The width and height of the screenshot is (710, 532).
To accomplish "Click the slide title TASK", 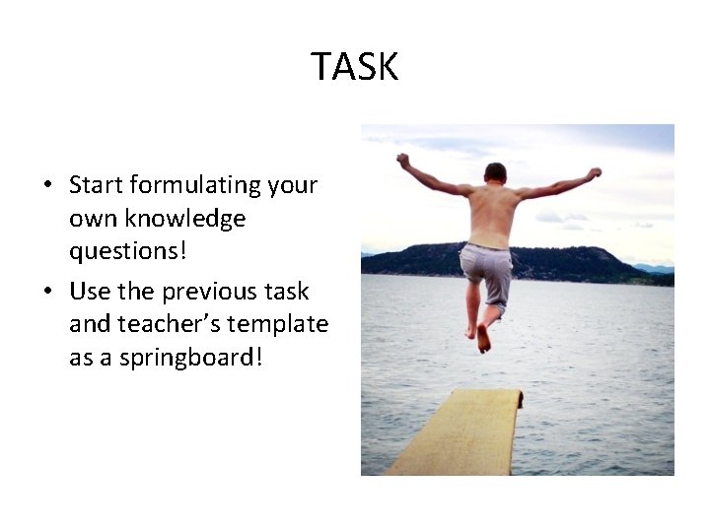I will point(355,67).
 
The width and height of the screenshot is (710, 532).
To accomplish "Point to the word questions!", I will point(126,250).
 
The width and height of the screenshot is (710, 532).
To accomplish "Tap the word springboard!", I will point(192,358).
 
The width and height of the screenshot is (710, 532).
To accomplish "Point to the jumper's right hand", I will point(594,173).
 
